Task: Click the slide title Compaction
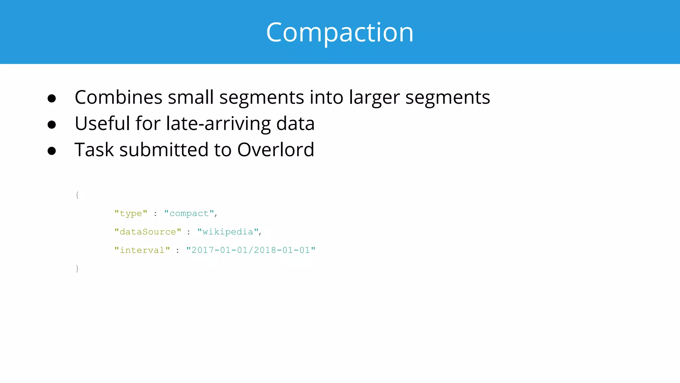[340, 32]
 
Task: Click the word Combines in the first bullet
[119, 97]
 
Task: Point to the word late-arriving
[218, 124]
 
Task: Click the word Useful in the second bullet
[102, 123]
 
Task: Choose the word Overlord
[276, 150]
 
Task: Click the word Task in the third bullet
[94, 150]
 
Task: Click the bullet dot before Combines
[51, 98]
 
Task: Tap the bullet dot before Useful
[51, 125]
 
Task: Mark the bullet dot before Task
[51, 151]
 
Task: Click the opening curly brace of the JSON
[77, 195]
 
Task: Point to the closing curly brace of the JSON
[77, 268]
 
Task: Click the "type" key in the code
[131, 213]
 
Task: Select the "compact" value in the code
[189, 213]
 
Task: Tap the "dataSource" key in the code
[148, 232]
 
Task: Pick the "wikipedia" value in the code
[228, 232]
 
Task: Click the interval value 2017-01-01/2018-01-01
[251, 250]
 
